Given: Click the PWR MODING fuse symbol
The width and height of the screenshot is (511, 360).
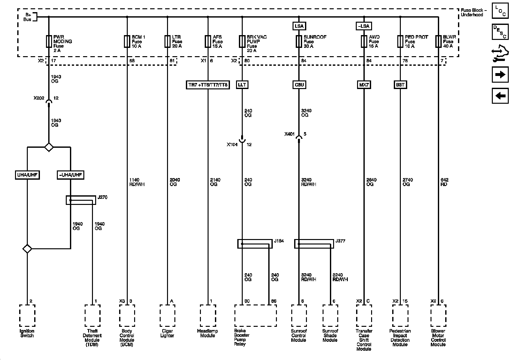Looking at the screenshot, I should click(x=49, y=41).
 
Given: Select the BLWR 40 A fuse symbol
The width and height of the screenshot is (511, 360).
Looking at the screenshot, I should click(x=438, y=41).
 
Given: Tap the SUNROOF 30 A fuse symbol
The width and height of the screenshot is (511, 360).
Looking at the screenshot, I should click(x=299, y=41).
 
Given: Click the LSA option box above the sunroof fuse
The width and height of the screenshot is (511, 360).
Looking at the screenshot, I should click(x=299, y=26).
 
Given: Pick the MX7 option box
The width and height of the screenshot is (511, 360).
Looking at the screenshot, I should click(x=364, y=85).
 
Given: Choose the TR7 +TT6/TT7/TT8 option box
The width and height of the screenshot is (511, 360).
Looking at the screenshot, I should click(x=208, y=85).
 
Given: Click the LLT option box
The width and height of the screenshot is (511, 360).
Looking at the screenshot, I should click(x=242, y=85).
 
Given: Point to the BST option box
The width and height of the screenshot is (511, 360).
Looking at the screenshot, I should click(x=400, y=85).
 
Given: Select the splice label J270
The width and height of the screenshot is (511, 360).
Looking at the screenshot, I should click(x=103, y=197).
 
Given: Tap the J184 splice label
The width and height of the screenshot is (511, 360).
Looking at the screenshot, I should click(x=279, y=241).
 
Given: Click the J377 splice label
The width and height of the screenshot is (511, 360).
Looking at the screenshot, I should click(x=340, y=241).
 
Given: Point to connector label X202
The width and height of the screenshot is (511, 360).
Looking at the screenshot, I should click(x=39, y=98).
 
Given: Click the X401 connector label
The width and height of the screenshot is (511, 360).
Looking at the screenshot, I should click(x=289, y=134).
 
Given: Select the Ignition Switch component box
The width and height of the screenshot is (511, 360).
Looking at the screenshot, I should click(x=27, y=315).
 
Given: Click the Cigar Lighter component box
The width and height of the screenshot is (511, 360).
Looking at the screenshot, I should click(x=167, y=315).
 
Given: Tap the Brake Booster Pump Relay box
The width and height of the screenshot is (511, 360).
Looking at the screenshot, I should click(x=256, y=315).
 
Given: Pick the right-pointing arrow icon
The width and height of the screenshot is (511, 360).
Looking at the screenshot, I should click(x=500, y=75).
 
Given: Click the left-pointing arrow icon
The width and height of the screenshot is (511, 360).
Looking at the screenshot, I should click(x=500, y=95).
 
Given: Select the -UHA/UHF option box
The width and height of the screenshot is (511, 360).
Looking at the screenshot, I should click(x=70, y=175).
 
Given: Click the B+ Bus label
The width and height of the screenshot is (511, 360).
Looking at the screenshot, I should click(x=28, y=17).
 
